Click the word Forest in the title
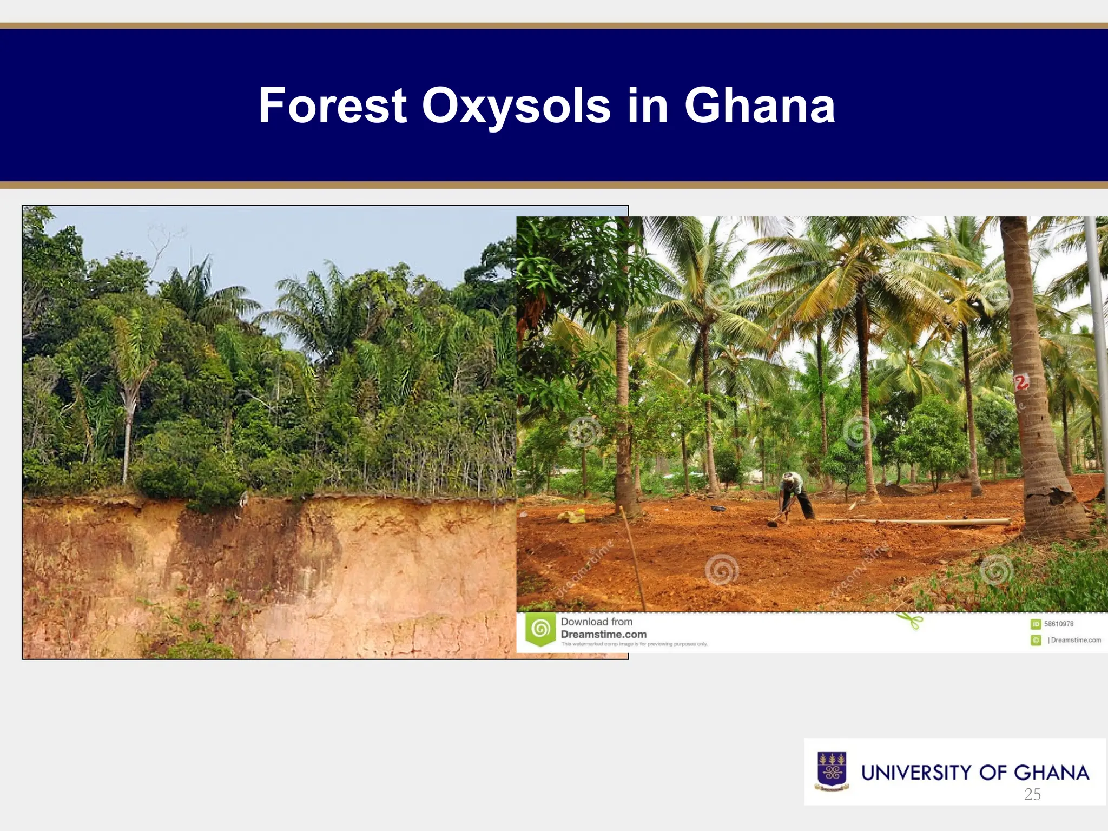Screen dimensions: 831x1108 332,106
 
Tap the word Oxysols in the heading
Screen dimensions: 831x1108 516,106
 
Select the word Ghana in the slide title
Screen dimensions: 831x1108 760,106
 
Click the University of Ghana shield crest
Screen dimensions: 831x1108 832,771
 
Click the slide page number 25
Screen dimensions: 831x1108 1032,794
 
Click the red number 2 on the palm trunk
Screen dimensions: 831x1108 1021,383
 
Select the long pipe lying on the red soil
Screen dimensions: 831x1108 914,522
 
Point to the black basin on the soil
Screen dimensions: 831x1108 718,509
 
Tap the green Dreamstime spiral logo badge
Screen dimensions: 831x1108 540,629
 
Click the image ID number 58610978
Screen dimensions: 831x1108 1059,624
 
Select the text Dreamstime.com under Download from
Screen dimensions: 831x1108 603,634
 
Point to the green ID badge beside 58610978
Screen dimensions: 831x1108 1036,624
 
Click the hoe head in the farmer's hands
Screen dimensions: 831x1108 773,523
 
